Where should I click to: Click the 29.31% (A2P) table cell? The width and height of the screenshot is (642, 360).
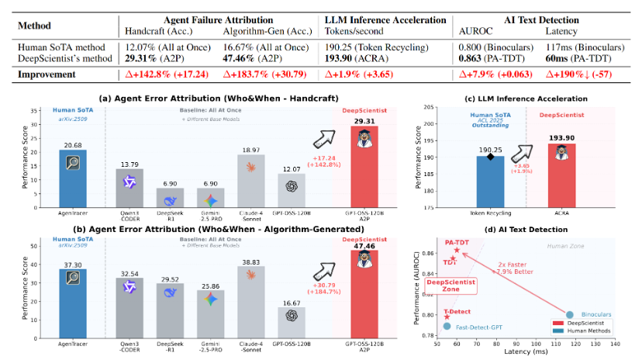pyautogui.click(x=150, y=57)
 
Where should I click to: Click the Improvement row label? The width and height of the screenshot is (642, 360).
pyautogui.click(x=50, y=75)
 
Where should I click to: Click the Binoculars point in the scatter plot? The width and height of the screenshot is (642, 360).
pyautogui.click(x=570, y=314)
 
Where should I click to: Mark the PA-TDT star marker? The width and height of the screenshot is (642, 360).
pyautogui.click(x=457, y=250)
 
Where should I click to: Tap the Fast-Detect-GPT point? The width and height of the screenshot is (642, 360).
pyautogui.click(x=447, y=327)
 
